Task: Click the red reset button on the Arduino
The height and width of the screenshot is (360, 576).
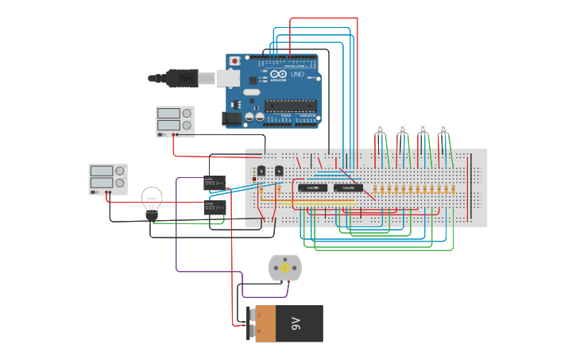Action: (234, 61)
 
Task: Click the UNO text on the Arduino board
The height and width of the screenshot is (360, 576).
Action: (297, 74)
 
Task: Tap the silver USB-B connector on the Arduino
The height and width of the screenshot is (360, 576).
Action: (228, 78)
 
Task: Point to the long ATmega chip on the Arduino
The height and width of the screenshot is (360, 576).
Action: (290, 105)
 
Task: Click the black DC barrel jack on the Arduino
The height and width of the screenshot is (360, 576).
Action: (231, 118)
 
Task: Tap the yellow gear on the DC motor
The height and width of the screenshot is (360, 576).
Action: (285, 269)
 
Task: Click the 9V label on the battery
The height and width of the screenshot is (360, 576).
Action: (296, 323)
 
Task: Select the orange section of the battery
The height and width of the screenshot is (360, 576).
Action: (265, 323)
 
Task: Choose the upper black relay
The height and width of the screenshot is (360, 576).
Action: (215, 183)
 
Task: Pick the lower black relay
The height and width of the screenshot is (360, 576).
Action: (215, 207)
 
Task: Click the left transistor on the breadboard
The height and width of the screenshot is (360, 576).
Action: (261, 171)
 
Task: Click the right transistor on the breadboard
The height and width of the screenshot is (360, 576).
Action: (279, 171)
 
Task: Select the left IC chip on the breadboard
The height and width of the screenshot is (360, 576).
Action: (312, 188)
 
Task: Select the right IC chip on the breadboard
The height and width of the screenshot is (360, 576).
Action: (348, 188)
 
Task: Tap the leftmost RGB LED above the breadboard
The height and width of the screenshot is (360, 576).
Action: (381, 128)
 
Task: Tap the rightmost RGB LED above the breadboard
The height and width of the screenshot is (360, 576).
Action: (443, 128)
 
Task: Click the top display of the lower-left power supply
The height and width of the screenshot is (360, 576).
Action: (101, 171)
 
